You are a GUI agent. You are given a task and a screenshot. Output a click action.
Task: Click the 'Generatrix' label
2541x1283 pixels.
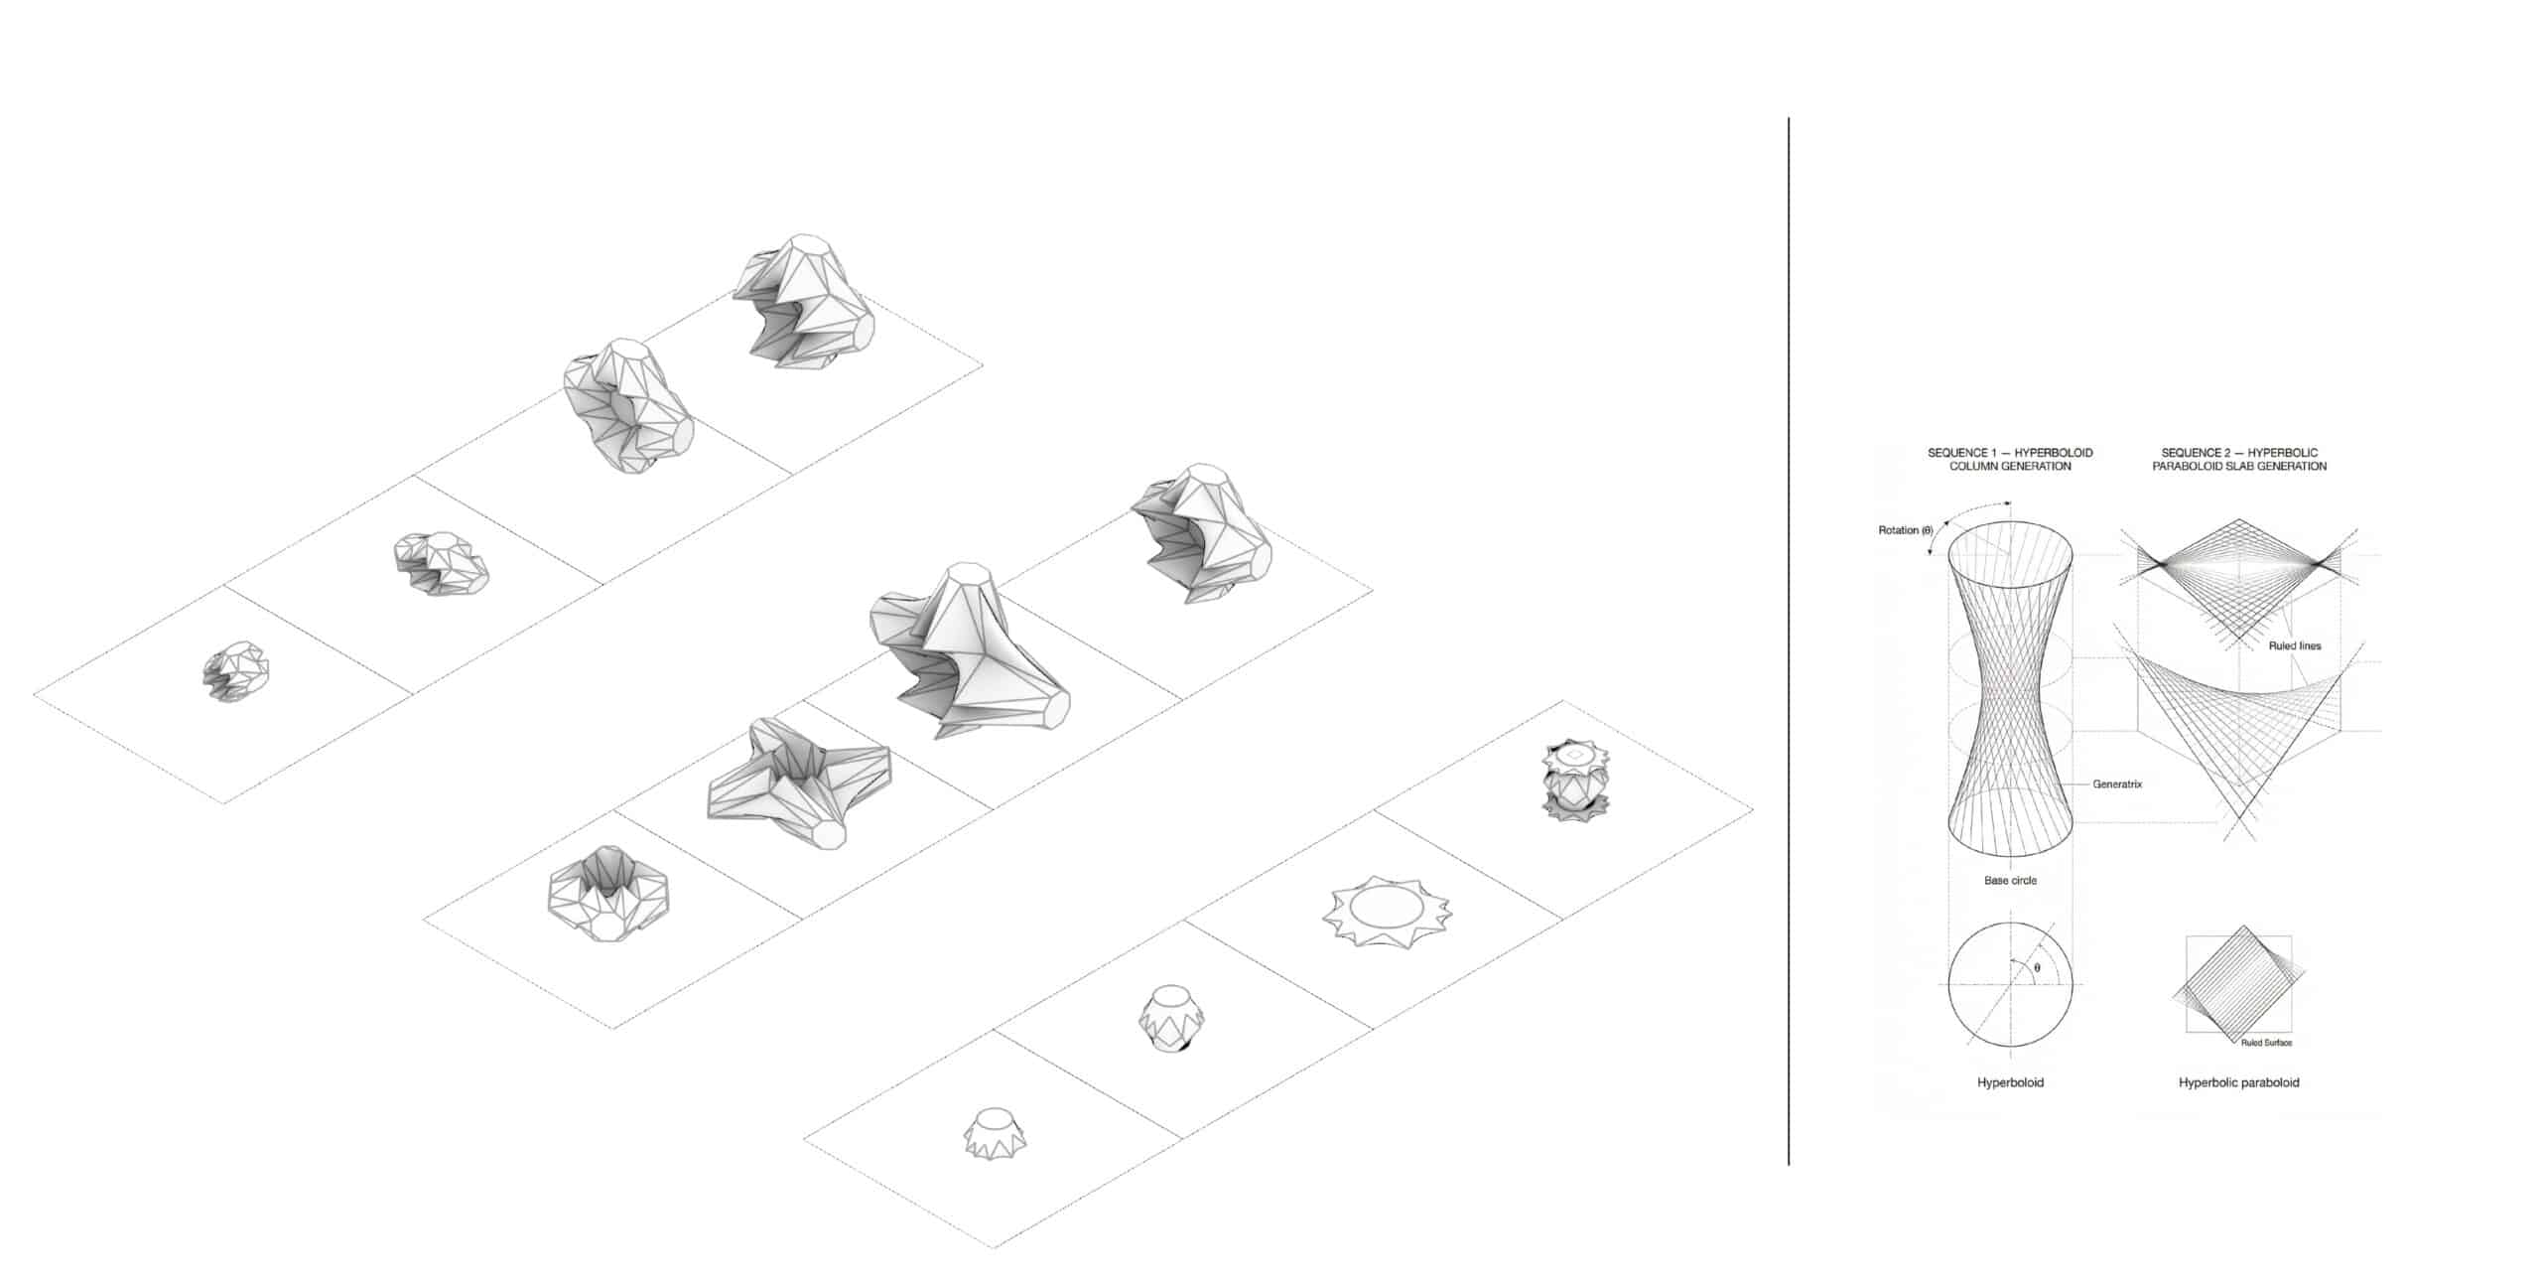point(2117,784)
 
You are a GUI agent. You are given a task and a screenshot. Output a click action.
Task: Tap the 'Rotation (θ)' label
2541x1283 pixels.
point(1905,530)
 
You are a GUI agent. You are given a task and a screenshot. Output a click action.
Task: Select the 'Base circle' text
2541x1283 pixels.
point(2010,880)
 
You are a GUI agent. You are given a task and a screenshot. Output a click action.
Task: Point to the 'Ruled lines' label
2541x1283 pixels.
point(2295,645)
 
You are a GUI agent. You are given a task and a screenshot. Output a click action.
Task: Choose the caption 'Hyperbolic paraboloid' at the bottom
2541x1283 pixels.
point(2238,1082)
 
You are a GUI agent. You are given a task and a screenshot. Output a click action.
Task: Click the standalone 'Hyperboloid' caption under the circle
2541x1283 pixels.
point(2010,1082)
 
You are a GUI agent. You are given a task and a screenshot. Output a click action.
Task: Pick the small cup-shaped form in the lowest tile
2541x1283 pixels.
point(997,1131)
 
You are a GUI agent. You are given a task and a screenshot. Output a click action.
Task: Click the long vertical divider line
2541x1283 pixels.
point(1789,641)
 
